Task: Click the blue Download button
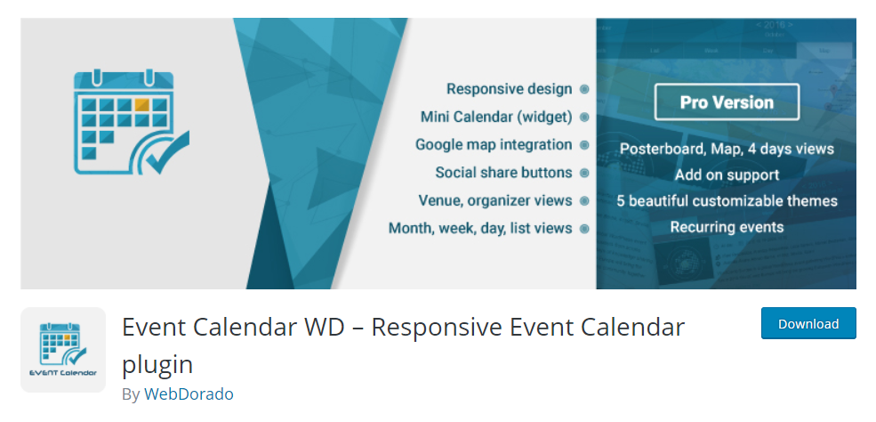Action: [x=808, y=323]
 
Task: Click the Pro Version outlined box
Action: [x=727, y=102]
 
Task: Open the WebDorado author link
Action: [x=189, y=394]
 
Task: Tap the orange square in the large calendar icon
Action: [x=142, y=104]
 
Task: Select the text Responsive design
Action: [x=510, y=89]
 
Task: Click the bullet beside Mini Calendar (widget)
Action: [x=584, y=118]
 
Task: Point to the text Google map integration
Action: [x=494, y=145]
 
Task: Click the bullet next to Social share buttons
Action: [x=584, y=174]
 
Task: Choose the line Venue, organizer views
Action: [x=495, y=200]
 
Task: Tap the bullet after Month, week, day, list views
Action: [x=584, y=229]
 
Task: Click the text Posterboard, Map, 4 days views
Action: [x=727, y=149]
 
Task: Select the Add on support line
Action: [x=727, y=175]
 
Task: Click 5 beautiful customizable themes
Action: [x=727, y=200]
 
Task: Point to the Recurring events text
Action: [x=727, y=227]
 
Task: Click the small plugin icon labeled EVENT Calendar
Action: [x=63, y=349]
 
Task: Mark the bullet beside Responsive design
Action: [x=584, y=89]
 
